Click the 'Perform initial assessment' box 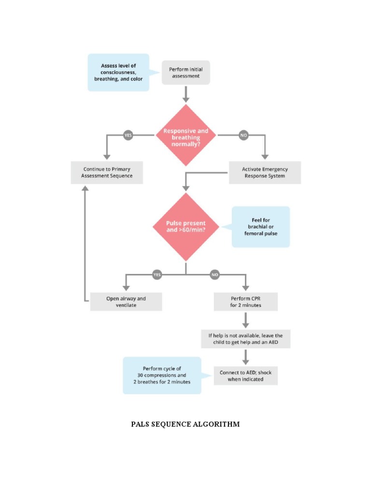[x=185, y=73]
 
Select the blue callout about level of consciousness [x=118, y=72]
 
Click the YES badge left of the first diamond [x=128, y=136]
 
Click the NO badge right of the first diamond [x=243, y=136]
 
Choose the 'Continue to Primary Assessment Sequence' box [x=107, y=173]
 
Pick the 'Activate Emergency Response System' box [x=264, y=173]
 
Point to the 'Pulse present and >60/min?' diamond [x=186, y=227]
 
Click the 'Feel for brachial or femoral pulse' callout [x=261, y=227]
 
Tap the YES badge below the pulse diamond [x=157, y=275]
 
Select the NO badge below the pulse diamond [x=215, y=275]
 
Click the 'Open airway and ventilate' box [x=126, y=302]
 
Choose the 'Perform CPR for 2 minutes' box [x=246, y=302]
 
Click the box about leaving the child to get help [x=246, y=339]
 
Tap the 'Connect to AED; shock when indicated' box [x=246, y=376]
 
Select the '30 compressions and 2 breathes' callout [x=162, y=375]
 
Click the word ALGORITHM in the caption [x=216, y=425]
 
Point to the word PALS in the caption [x=142, y=425]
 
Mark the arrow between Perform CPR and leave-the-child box [x=246, y=320]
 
